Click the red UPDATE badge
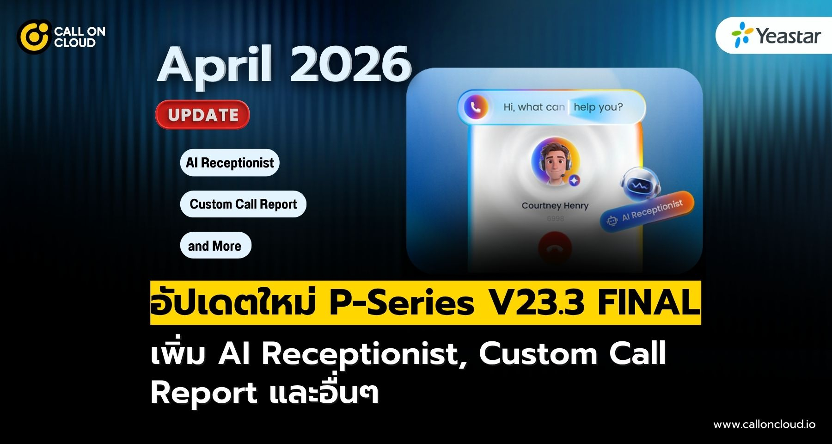(202, 115)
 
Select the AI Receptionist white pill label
(230, 163)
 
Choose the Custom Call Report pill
(243, 204)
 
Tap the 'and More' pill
(215, 246)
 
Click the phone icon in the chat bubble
(476, 107)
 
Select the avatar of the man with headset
(555, 162)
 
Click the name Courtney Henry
(555, 206)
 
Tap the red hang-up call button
(555, 247)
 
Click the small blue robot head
(640, 185)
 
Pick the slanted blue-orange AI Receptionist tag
(647, 211)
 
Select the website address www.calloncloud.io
(764, 424)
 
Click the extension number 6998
(555, 218)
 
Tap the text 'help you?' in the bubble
(598, 107)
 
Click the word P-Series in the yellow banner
(402, 303)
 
